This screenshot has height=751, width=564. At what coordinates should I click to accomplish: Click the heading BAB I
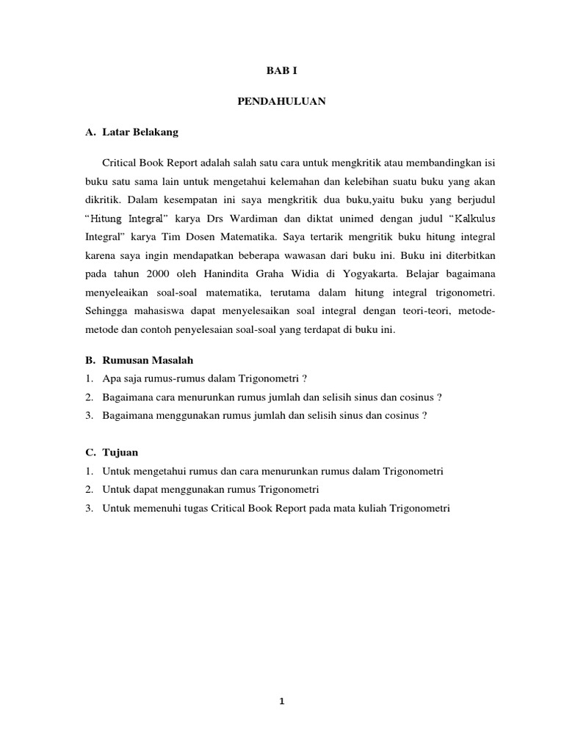tap(281, 71)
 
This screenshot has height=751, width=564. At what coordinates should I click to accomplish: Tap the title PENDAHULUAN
tap(281, 102)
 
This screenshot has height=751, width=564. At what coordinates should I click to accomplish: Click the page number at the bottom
tap(281, 701)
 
